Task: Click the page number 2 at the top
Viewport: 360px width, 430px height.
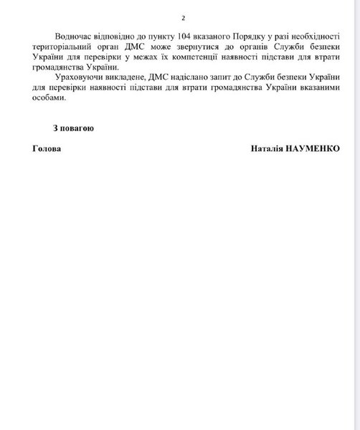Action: pyautogui.click(x=183, y=16)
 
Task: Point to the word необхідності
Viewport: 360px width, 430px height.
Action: pyautogui.click(x=312, y=36)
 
